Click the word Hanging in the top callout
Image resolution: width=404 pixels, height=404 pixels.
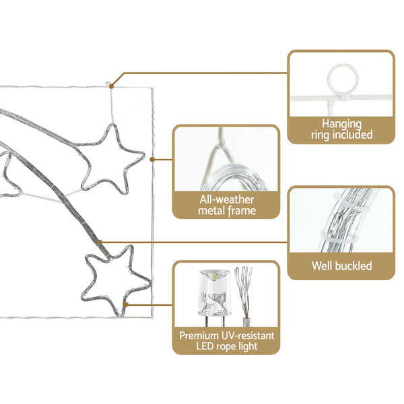click(x=341, y=124)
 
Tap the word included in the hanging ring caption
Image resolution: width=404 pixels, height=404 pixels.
click(x=355, y=135)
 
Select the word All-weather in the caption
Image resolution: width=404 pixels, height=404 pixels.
click(x=227, y=200)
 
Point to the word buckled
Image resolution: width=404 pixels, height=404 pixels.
click(x=353, y=266)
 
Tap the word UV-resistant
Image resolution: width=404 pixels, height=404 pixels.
click(x=248, y=336)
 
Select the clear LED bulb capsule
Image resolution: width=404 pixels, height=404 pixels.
click(x=215, y=293)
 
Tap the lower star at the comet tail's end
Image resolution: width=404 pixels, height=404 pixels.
click(x=115, y=281)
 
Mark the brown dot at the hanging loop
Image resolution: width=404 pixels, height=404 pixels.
click(x=111, y=86)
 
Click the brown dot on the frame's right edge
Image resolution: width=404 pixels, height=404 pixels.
click(x=152, y=160)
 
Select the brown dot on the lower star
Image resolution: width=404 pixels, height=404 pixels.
click(x=126, y=305)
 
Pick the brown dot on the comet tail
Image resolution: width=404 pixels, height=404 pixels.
click(x=100, y=242)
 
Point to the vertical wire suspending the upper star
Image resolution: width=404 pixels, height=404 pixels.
click(x=112, y=106)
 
